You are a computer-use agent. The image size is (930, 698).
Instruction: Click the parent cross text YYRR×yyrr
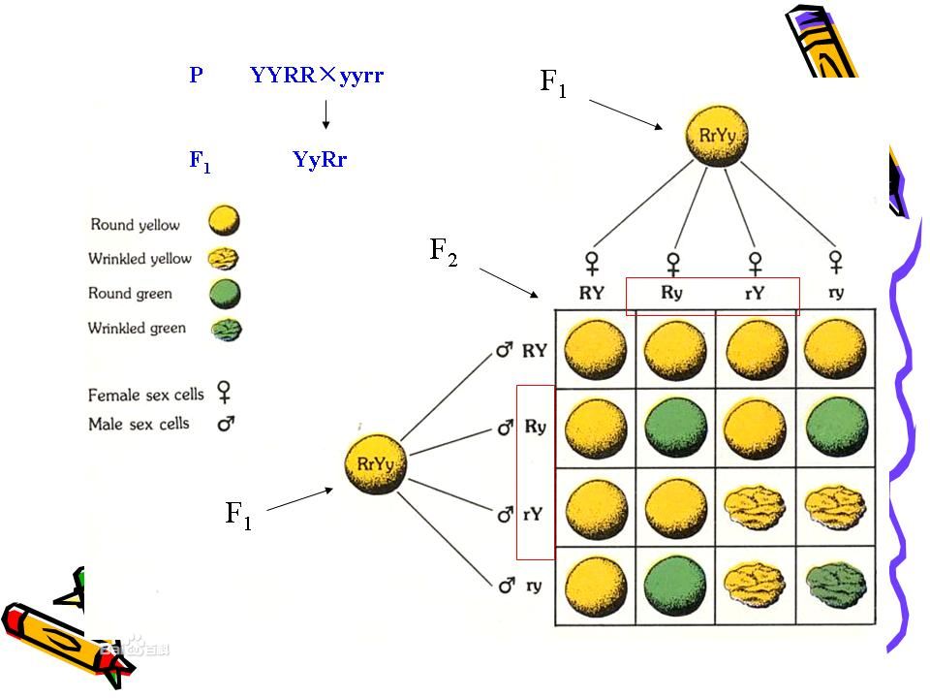(317, 75)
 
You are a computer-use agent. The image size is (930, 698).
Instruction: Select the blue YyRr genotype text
(319, 160)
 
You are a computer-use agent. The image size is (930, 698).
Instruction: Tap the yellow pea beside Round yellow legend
(225, 222)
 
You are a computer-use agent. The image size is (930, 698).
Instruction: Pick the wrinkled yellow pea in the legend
(225, 258)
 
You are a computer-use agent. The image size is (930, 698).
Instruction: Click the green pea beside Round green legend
(225, 294)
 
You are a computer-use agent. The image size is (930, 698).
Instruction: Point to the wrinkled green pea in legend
(225, 330)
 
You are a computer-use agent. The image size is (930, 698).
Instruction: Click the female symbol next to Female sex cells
(225, 392)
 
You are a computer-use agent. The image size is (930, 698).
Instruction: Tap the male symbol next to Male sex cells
(227, 424)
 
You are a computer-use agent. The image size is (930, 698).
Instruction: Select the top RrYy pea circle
(718, 138)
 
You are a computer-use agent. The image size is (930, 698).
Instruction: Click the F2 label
(444, 253)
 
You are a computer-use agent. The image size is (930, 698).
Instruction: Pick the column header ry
(836, 291)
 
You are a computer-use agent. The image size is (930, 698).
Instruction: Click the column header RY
(592, 291)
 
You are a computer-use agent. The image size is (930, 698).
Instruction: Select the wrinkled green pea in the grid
(834, 588)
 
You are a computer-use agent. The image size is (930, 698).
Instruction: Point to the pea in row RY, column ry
(834, 350)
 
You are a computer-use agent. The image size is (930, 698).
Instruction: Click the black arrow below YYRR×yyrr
(326, 114)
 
